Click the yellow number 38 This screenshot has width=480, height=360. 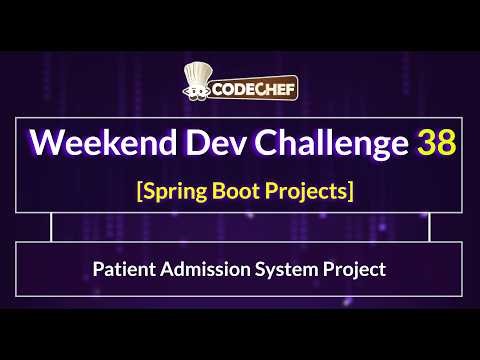[437, 142]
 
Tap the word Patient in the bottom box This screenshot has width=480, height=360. [121, 269]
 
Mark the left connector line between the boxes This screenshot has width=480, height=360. [50, 227]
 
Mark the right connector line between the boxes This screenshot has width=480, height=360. [429, 227]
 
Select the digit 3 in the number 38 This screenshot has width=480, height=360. [425, 142]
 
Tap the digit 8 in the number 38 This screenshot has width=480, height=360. [447, 142]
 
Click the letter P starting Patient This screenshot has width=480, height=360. [97, 269]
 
